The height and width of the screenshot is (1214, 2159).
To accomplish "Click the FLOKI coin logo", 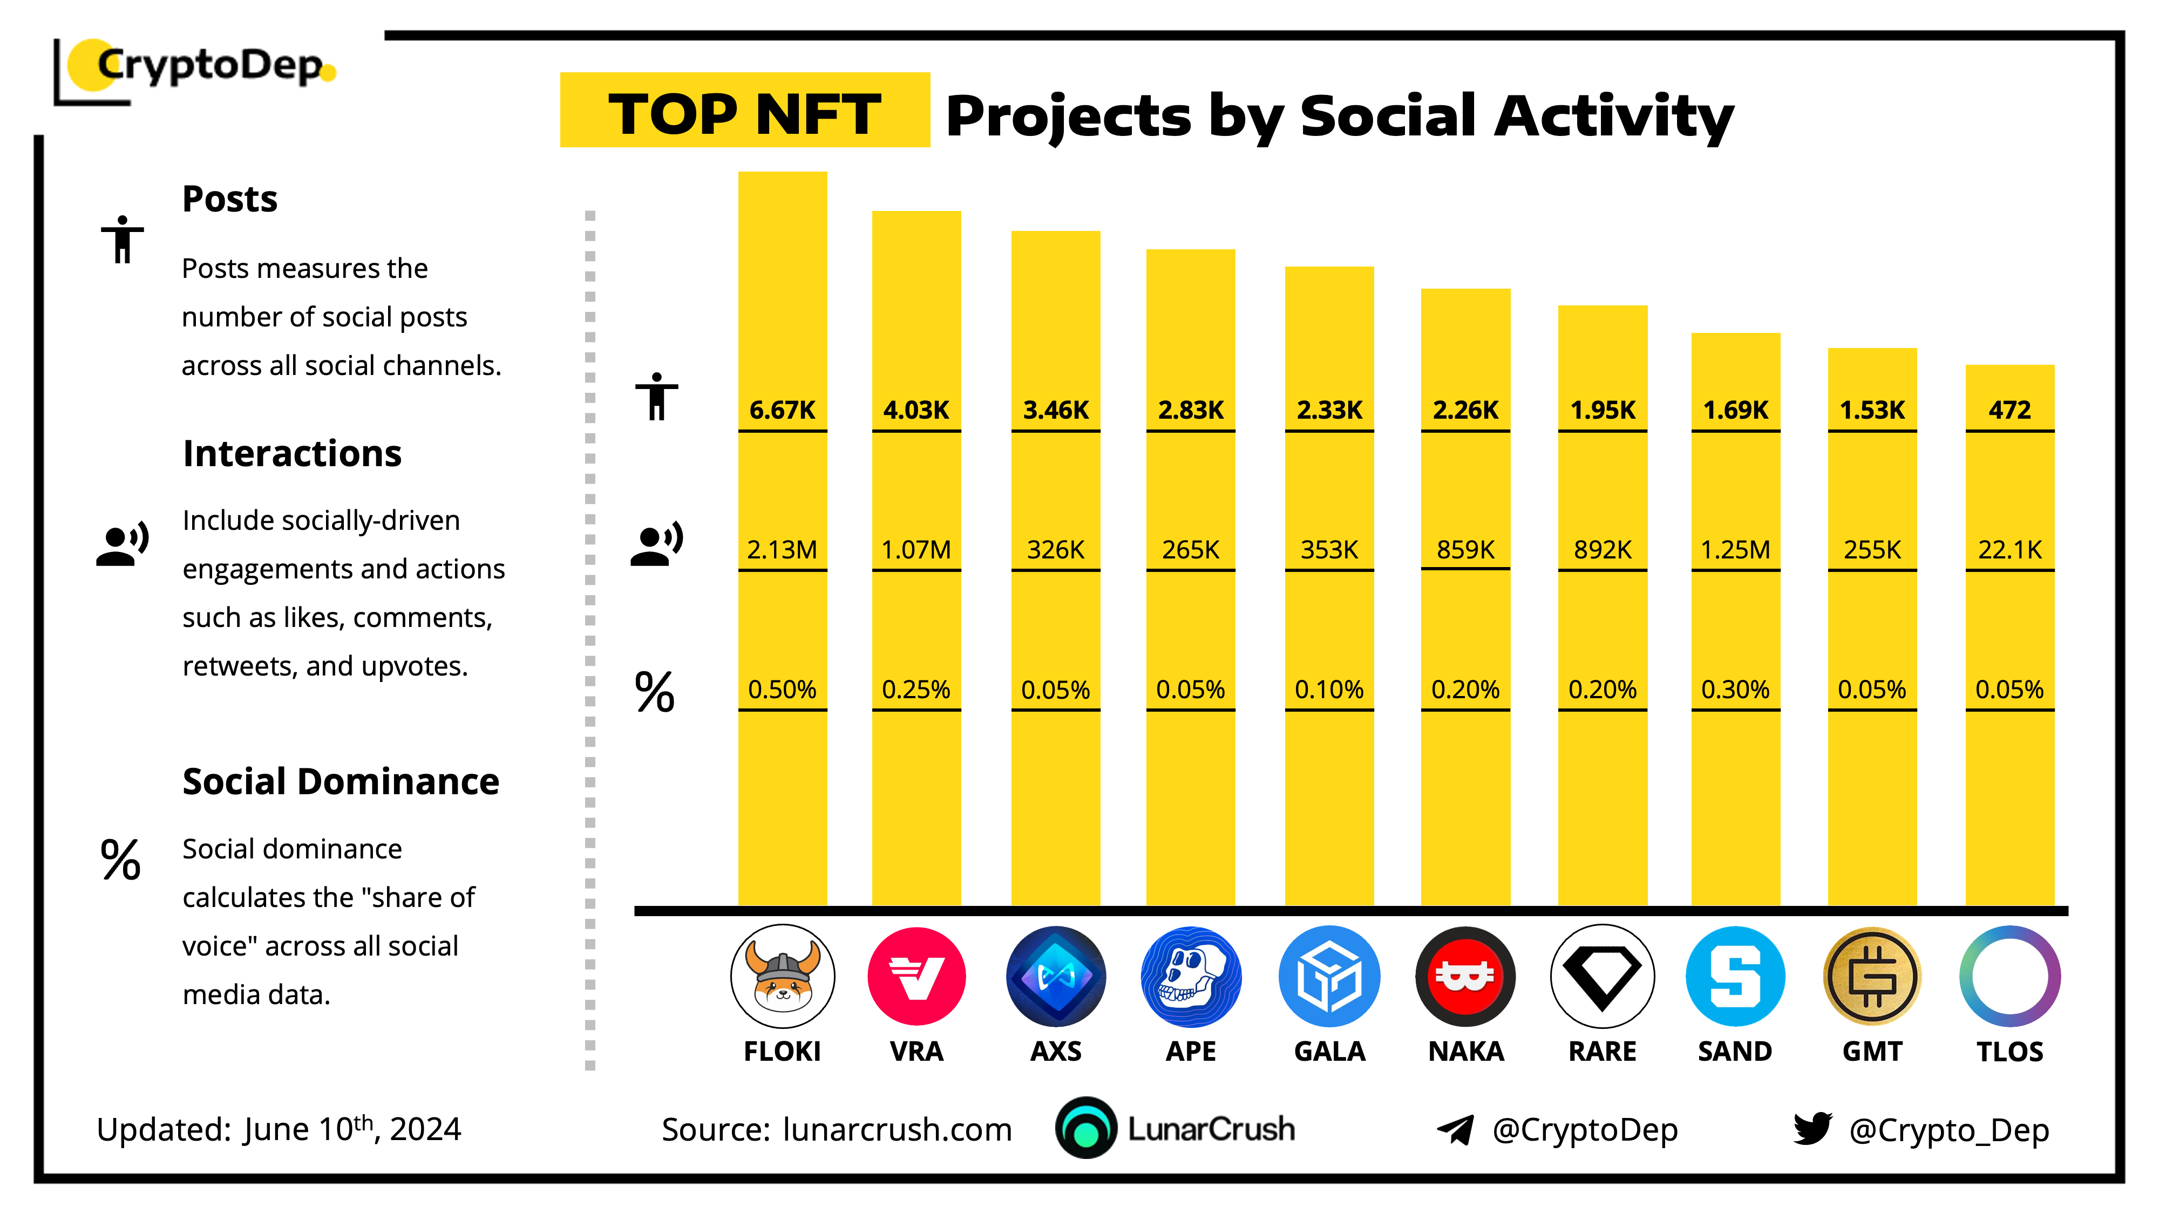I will click(782, 976).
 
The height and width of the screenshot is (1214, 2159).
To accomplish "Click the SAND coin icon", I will click(1735, 976).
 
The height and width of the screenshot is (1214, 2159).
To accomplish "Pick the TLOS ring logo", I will click(2010, 976).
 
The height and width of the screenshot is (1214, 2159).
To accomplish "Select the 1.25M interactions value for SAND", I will click(1735, 550).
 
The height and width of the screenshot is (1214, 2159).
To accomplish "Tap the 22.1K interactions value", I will click(2010, 550).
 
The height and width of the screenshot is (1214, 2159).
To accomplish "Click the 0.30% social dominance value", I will click(1735, 690).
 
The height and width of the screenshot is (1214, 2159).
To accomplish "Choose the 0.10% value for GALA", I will click(1329, 690).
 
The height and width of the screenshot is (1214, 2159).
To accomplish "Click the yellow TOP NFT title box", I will click(744, 111).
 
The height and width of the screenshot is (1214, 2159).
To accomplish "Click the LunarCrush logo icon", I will click(1086, 1128).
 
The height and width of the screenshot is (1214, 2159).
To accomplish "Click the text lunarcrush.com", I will click(897, 1129).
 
